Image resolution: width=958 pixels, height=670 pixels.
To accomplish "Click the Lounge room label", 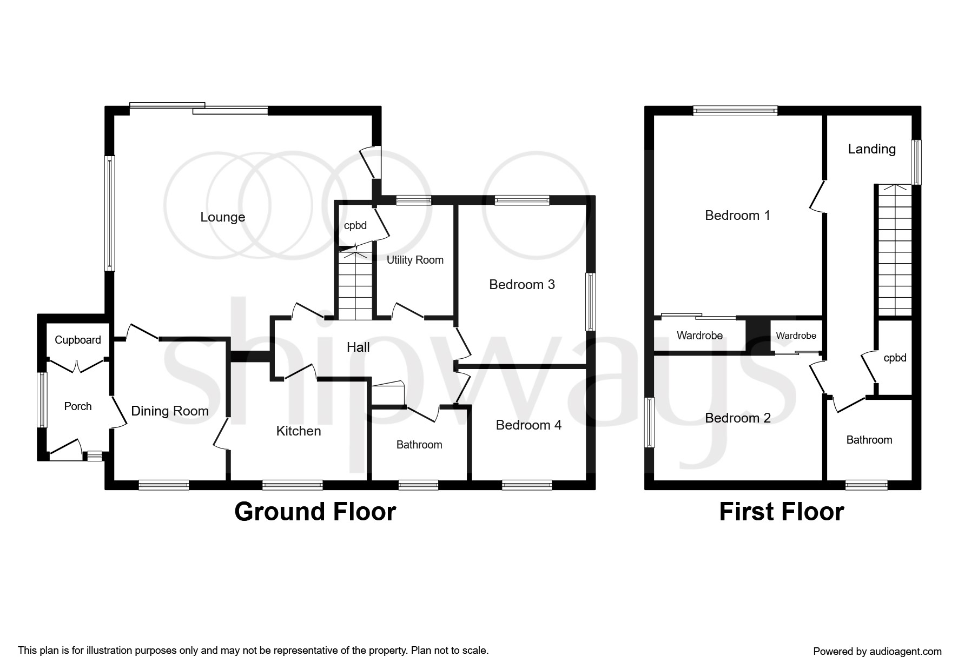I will click(222, 217).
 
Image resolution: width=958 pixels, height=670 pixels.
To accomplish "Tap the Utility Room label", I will click(415, 260).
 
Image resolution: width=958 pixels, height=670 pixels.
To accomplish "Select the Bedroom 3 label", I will click(521, 285).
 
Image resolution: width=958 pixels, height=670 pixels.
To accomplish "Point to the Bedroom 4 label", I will click(528, 425).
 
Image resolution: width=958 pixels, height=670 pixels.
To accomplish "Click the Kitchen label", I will click(298, 431).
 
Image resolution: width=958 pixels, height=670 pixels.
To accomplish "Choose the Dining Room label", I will click(170, 411).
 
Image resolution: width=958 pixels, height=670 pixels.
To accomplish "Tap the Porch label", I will click(78, 406).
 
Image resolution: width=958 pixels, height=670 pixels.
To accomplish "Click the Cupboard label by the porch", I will click(78, 340).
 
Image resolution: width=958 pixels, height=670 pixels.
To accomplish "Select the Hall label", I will click(358, 347).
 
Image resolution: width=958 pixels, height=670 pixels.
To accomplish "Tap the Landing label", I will click(871, 149).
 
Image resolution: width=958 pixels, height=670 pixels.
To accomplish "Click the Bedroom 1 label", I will click(737, 216).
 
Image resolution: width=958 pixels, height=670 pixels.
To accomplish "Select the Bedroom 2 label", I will click(737, 418).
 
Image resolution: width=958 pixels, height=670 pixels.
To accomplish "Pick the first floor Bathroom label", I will click(869, 440).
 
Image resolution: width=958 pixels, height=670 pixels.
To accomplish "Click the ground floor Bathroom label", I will click(419, 445).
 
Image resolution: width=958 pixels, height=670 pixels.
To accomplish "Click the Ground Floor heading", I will click(315, 512).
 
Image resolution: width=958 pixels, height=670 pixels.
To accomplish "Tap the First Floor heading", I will click(781, 512).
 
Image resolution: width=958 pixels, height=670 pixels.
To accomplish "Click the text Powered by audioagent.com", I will click(877, 652).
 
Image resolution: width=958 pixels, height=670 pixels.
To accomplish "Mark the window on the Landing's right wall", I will click(916, 162).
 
